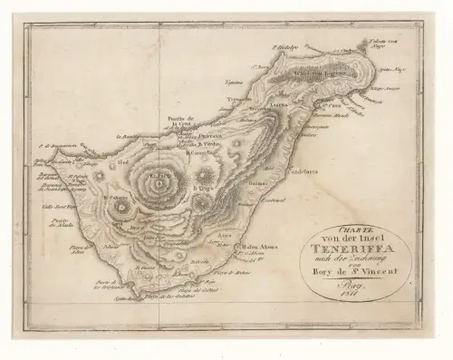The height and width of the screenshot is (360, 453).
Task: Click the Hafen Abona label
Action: point(260,245)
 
